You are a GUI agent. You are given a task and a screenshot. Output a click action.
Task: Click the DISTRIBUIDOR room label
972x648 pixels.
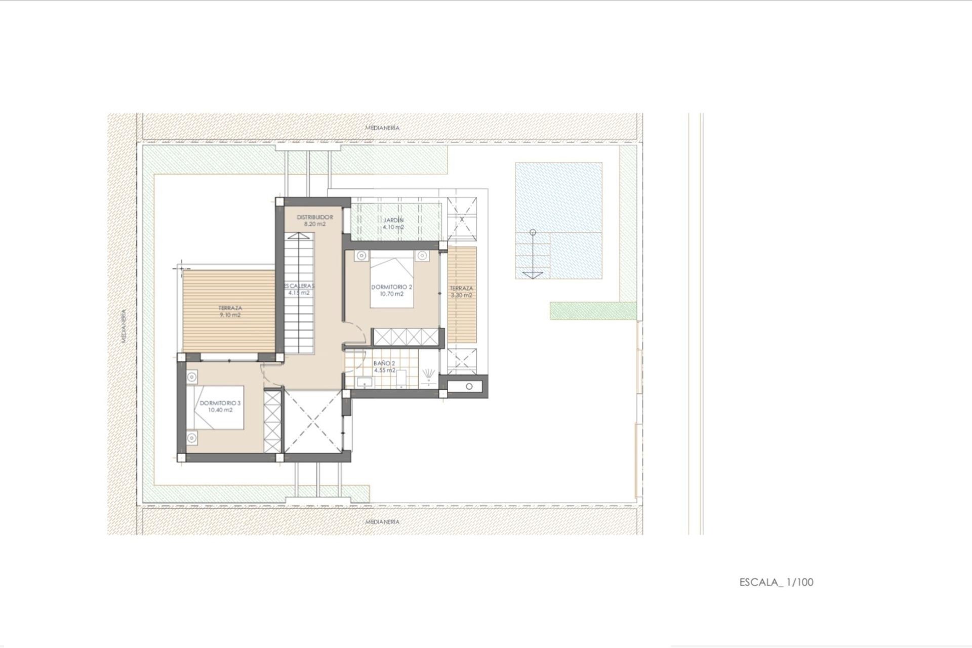(x=314, y=217)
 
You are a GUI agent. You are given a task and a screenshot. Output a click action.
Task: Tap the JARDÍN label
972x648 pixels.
(x=393, y=220)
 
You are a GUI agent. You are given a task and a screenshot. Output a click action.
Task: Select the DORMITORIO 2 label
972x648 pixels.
(x=392, y=287)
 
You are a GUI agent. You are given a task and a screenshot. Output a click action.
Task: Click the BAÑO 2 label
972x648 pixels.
(x=384, y=363)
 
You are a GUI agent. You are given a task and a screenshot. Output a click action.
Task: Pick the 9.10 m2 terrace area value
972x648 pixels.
(x=230, y=315)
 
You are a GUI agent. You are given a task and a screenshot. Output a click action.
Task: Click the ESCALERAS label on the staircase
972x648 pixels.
(x=299, y=286)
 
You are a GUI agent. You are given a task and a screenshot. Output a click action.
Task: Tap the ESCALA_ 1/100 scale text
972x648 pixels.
(x=776, y=582)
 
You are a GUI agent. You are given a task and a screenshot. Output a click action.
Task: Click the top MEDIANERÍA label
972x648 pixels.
(x=382, y=128)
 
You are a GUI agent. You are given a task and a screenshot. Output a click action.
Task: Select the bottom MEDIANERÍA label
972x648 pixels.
(x=382, y=521)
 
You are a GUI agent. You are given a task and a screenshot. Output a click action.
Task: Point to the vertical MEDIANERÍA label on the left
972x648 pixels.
(x=124, y=327)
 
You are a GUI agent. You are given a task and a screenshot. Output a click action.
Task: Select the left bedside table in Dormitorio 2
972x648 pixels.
(x=361, y=256)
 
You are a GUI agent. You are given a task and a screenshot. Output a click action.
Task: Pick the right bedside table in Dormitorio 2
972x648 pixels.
(x=421, y=256)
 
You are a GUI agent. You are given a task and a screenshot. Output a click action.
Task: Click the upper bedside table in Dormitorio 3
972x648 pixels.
(x=191, y=377)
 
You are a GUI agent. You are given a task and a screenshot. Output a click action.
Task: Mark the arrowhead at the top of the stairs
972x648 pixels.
(x=299, y=236)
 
